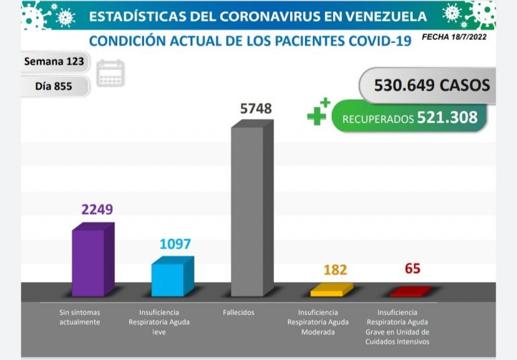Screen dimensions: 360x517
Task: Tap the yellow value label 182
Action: tap(335, 270)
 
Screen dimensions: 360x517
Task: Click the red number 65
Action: tap(413, 269)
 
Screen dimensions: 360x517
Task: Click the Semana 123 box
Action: tap(54, 61)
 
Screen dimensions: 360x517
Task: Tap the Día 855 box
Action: tap(54, 86)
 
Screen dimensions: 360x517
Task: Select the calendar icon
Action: tap(110, 73)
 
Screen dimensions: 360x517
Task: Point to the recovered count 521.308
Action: tap(447, 118)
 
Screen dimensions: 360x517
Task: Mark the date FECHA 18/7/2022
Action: tap(454, 38)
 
